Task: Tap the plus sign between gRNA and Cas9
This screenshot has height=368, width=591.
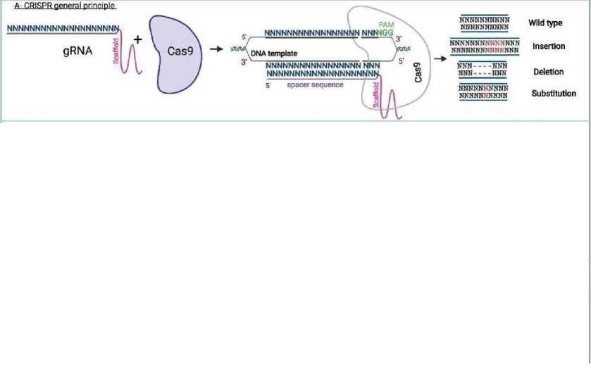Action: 138,40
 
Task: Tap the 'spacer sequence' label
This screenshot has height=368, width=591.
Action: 316,85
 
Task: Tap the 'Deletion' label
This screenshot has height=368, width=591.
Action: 547,72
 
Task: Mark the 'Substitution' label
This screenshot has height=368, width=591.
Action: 554,94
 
